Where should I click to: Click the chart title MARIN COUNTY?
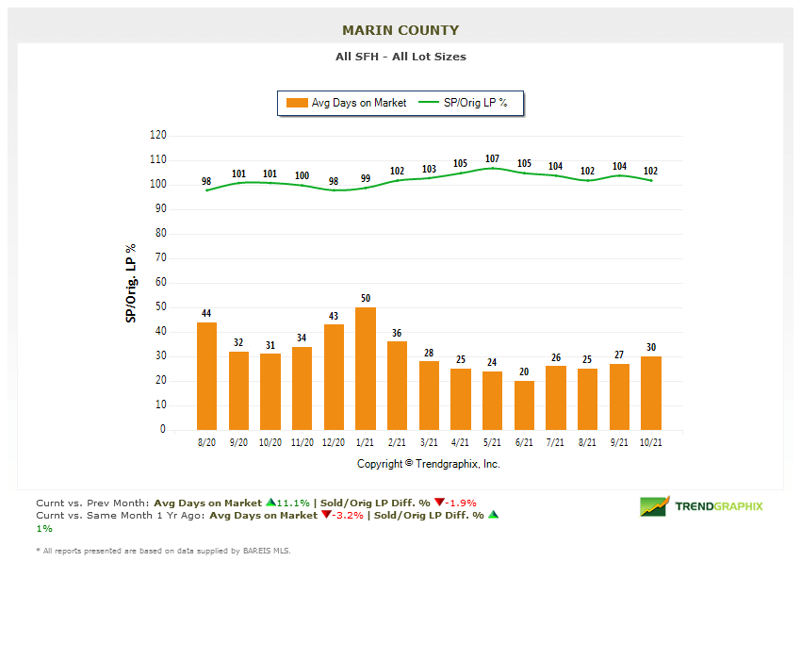pos(400,30)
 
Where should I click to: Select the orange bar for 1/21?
pos(366,368)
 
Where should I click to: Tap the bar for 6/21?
pos(524,405)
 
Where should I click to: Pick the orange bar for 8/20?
pos(206,375)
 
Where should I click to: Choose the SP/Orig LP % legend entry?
pos(464,103)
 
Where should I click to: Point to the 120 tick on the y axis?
pos(157,136)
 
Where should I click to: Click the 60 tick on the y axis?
pos(160,283)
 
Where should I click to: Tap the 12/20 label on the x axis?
pos(334,442)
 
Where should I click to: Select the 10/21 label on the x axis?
pos(651,442)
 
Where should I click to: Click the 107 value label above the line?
pos(492,159)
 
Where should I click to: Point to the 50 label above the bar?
pos(366,299)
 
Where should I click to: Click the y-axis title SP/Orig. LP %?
pos(131,283)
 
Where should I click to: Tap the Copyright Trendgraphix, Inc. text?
pos(429,464)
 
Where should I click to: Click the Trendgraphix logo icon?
pos(654,506)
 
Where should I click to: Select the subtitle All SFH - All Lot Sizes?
pos(400,57)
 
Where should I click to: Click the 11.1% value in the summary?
pos(293,503)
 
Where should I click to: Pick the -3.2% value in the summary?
pos(349,516)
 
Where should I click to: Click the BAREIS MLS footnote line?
pos(163,551)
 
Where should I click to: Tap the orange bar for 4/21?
pos(461,399)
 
